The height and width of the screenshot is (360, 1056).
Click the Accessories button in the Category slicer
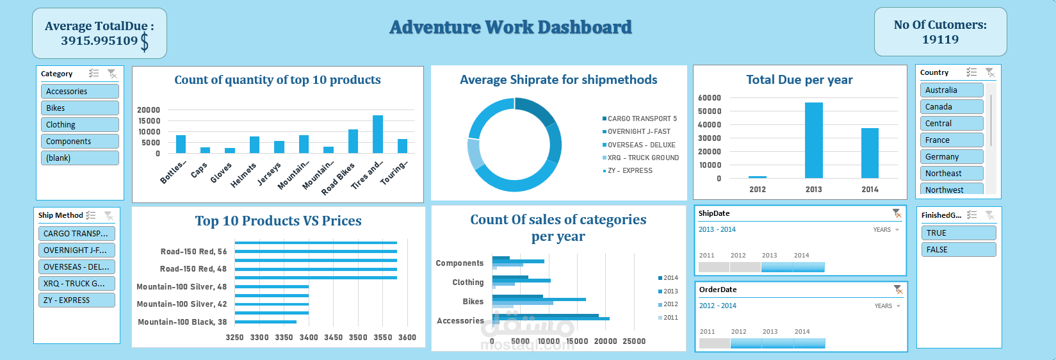click(x=79, y=92)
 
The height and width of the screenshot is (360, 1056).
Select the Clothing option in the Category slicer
click(x=79, y=125)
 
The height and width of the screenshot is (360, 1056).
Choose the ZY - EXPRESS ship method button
click(x=76, y=300)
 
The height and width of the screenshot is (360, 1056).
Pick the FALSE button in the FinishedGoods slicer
click(x=958, y=250)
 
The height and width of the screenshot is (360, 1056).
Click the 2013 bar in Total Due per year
click(x=813, y=140)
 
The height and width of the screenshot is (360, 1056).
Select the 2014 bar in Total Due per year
click(x=870, y=153)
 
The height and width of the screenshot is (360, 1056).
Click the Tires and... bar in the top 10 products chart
click(x=378, y=135)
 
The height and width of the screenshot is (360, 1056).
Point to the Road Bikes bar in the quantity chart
click(x=353, y=141)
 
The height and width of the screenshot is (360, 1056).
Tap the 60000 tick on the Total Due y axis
click(x=710, y=98)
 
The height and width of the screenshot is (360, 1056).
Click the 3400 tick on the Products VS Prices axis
click(x=309, y=338)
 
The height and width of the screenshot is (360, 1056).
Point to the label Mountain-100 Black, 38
click(x=182, y=322)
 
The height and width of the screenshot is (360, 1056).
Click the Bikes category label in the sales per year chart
click(x=473, y=302)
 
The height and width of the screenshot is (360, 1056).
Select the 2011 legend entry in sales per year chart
click(x=670, y=318)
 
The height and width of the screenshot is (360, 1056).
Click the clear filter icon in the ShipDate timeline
click(x=897, y=213)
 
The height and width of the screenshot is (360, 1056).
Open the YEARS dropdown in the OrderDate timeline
click(x=888, y=306)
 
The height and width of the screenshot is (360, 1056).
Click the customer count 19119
click(x=940, y=40)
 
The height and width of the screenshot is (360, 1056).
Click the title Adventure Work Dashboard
click(x=510, y=28)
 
